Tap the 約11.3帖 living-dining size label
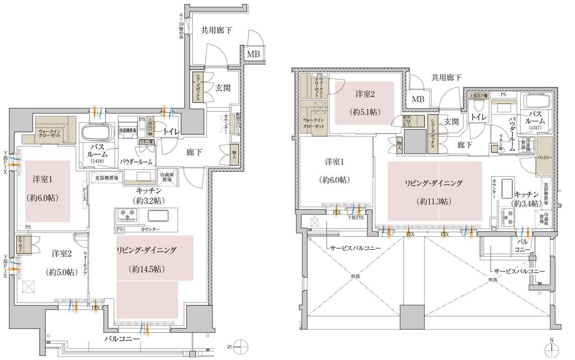pos(435,201)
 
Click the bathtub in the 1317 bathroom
pos(538,100)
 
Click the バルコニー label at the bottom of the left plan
pos(122,339)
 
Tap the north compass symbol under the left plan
pos(241,347)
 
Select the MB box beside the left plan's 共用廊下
pos(253,54)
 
